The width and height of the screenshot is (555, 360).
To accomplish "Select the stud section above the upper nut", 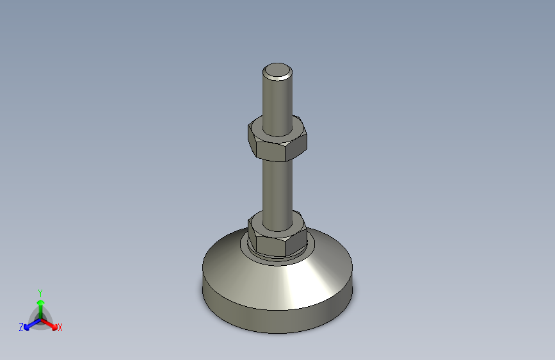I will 278,99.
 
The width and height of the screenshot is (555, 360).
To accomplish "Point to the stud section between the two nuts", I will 278,186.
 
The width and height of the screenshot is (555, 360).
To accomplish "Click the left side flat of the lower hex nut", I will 252,238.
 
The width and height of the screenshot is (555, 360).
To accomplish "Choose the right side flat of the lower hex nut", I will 300,240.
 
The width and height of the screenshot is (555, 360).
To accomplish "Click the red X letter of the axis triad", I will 60,328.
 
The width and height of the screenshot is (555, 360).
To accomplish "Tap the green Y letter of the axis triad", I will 40,291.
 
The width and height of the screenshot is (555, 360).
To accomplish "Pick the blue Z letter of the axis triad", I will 21,327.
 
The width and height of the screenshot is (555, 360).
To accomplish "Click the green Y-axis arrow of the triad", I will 40,306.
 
